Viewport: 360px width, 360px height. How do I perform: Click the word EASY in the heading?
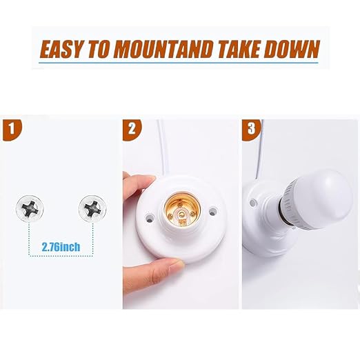coord(61,49)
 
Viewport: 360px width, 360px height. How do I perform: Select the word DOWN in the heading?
coord(292,49)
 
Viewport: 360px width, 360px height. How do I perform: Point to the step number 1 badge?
coord(12,129)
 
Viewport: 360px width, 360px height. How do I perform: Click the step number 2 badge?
coord(132,129)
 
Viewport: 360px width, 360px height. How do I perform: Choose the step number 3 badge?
coord(251,129)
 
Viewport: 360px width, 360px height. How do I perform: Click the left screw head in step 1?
coord(30,209)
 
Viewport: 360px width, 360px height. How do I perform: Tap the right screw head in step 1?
coord(92,209)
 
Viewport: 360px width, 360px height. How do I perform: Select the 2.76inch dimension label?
coord(61,247)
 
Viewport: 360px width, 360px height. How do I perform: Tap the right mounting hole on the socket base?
coord(213,210)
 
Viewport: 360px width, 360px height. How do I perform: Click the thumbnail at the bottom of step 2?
coord(177,266)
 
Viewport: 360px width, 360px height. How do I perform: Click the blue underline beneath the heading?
coord(179,63)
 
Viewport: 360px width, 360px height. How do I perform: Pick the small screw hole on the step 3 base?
coord(253,203)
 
